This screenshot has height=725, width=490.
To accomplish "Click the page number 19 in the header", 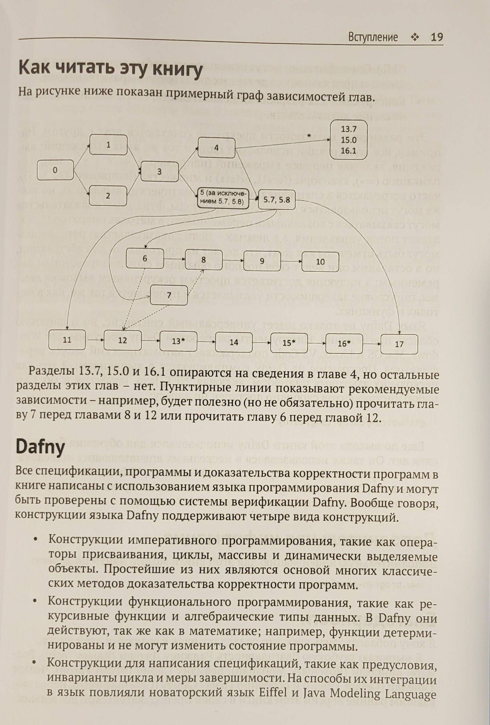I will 436,38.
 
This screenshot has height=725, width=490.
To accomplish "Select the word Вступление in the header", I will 373,38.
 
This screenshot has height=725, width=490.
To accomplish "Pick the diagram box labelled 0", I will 56,170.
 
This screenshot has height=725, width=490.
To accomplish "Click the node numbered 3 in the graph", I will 159,171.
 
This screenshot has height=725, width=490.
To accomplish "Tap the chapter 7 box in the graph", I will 169,295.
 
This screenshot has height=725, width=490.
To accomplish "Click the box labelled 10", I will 320,261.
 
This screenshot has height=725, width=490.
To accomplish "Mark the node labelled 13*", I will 178,341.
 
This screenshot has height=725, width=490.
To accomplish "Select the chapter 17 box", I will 399,344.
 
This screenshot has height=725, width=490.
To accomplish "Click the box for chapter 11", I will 67,340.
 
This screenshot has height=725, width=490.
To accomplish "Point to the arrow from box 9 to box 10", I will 291,261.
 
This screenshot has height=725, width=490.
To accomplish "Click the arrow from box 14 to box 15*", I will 261,343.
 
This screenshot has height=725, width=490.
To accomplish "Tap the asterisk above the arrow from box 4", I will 309,135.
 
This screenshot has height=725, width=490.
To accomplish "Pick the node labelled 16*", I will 344,344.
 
